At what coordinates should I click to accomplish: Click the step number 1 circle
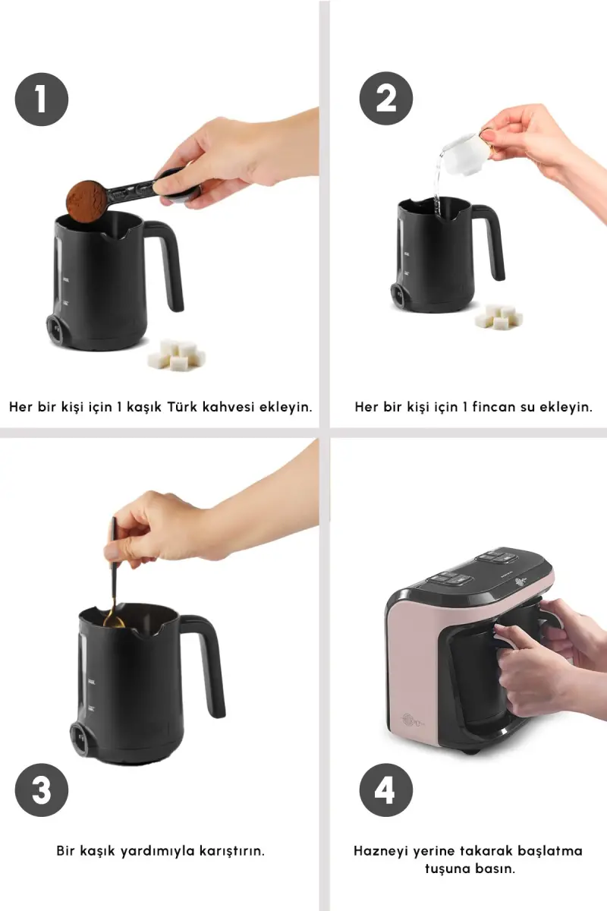point(42,99)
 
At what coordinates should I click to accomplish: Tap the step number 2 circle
point(386,98)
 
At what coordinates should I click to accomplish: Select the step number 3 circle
point(42,790)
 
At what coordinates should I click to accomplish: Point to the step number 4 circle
point(386,790)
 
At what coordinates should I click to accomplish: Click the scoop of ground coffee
point(86,201)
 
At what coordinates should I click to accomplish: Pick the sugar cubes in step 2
point(499,316)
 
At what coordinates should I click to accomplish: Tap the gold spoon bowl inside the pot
point(114,623)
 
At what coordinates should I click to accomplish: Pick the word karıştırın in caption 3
point(231,851)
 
